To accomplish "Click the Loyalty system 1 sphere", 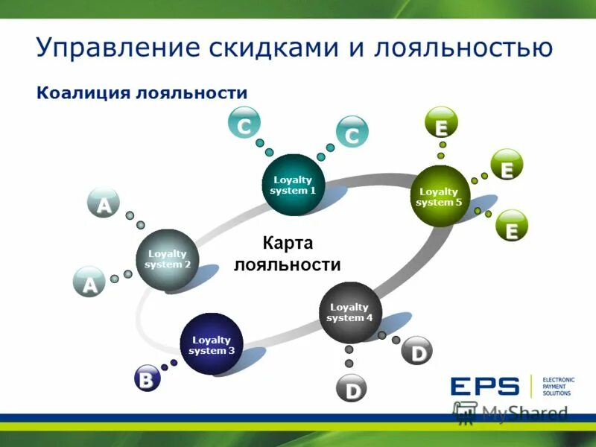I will (294, 185).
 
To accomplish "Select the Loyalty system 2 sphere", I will (168, 259).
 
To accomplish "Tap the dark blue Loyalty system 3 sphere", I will (212, 344).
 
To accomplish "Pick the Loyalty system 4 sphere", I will (349, 313).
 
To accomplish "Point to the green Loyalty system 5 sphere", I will (441, 197).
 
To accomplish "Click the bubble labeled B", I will (147, 380).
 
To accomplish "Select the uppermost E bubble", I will (441, 124).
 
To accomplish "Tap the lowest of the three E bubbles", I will (511, 227).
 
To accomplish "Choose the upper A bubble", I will (104, 203).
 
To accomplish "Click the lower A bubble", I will (89, 283).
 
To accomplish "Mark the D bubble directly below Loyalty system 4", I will (352, 390).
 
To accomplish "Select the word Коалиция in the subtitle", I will (82, 93).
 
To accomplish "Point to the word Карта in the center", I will (287, 244).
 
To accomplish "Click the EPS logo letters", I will (484, 386).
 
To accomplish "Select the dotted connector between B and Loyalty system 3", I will (169, 365).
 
